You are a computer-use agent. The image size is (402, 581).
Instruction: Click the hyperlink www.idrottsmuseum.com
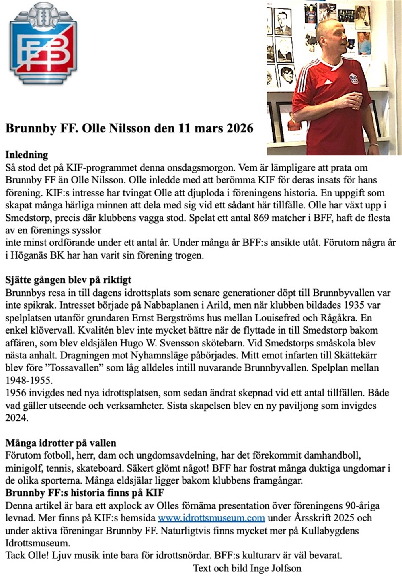pyautogui.click(x=211, y=518)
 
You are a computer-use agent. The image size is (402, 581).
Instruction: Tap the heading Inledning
pyautogui.click(x=27, y=155)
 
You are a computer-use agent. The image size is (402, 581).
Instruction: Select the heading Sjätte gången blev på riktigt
pyautogui.click(x=68, y=280)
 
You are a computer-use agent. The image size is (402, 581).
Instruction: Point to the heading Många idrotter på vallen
pyautogui.click(x=61, y=443)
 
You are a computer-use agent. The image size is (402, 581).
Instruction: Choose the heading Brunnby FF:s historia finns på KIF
pyautogui.click(x=85, y=493)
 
